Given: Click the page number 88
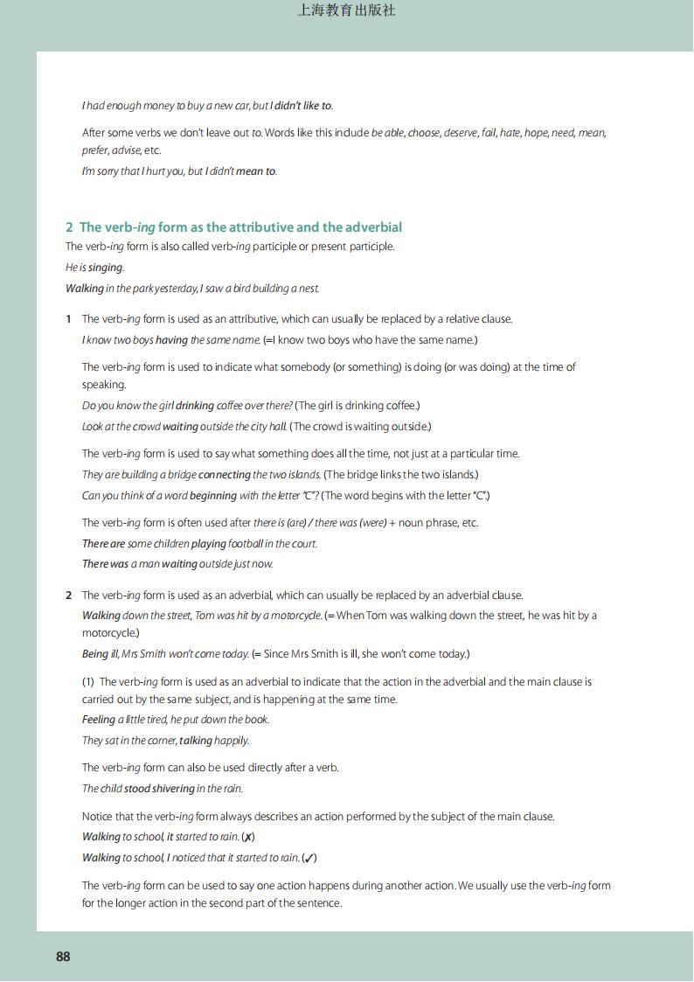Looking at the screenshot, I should coord(63,956).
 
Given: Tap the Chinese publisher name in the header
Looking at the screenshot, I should coord(347,10).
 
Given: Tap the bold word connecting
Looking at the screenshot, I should coord(225,475).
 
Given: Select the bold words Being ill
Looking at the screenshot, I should coord(102,654).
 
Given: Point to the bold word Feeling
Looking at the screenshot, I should coord(99,720).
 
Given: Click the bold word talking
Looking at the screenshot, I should coord(195,741).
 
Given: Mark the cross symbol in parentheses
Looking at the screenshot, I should coord(248,837).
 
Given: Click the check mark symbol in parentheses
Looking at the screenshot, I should coord(309,858).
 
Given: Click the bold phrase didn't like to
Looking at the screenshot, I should coord(302,106).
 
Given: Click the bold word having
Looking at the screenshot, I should coord(171,339).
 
